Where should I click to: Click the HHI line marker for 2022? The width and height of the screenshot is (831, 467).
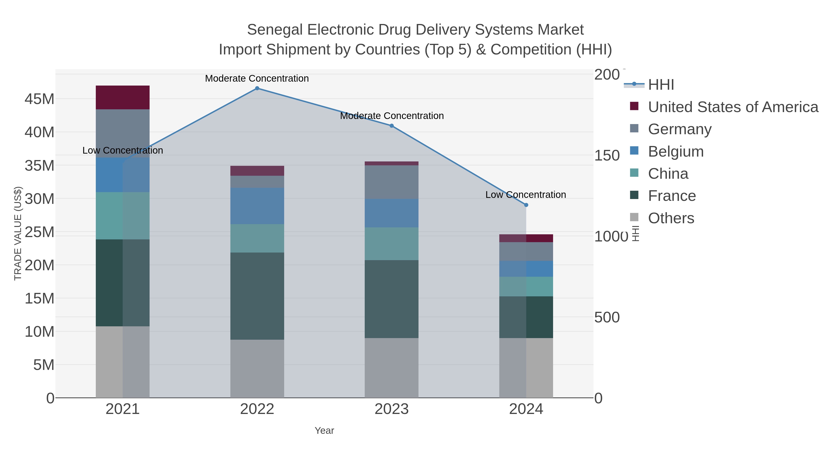[x=257, y=88]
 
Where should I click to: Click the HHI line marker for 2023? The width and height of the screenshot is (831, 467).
[x=392, y=126]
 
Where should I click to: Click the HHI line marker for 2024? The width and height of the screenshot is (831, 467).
[x=526, y=205]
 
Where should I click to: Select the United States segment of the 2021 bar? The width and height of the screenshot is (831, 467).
[x=123, y=97]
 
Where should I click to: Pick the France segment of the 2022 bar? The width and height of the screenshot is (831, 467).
[x=257, y=296]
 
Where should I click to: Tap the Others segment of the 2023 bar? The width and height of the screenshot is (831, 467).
[x=392, y=368]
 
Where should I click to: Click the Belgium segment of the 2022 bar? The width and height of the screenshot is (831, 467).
[x=257, y=206]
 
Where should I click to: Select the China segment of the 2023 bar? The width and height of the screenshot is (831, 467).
[x=392, y=244]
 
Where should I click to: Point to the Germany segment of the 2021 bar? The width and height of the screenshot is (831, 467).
[x=123, y=134]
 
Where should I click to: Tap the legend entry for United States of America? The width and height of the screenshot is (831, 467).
[x=733, y=107]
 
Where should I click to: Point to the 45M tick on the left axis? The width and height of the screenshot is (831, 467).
[x=39, y=99]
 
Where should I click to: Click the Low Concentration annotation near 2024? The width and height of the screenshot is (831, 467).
[x=526, y=195]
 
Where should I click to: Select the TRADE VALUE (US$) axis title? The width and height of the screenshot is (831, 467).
[x=18, y=233]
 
